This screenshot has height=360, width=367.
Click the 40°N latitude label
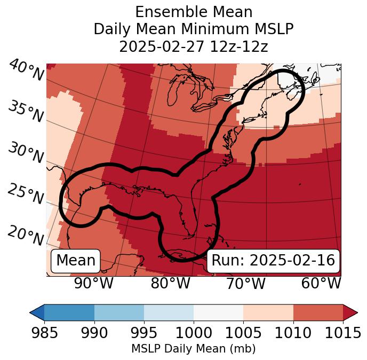coord(26,71)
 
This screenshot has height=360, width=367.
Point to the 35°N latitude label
coord(26,112)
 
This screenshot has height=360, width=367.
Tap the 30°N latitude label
coord(26,153)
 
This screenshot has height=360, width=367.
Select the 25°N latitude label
coord(26,194)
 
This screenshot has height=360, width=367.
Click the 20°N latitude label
coord(26,236)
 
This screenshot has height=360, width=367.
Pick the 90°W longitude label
coord(94,283)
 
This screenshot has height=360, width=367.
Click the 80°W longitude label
coord(170,283)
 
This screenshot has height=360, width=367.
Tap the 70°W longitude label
coord(246,283)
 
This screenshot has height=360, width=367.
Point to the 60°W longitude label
coord(321,283)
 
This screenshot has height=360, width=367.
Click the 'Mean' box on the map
coord(76,261)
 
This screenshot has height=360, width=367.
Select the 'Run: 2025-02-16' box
coord(273,261)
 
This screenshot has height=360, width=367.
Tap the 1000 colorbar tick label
coord(194,333)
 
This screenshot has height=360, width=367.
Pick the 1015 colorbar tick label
coord(343,333)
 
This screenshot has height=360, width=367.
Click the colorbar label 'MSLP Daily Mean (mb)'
coord(193,349)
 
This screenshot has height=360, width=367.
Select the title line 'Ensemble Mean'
coord(193,12)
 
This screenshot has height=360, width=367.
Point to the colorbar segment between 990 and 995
coord(119,312)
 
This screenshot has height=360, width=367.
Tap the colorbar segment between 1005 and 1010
coord(268,312)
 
